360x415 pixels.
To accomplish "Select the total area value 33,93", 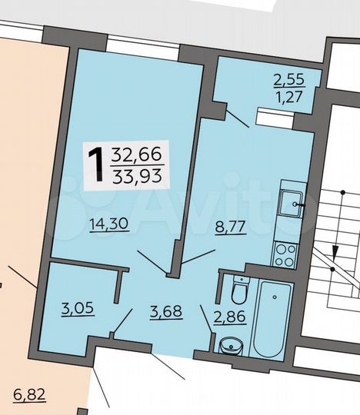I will (x=132, y=175).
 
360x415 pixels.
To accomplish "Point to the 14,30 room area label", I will (x=108, y=225).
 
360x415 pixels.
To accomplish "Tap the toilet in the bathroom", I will (x=239, y=290).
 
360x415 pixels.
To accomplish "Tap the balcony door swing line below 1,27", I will (x=237, y=118).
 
